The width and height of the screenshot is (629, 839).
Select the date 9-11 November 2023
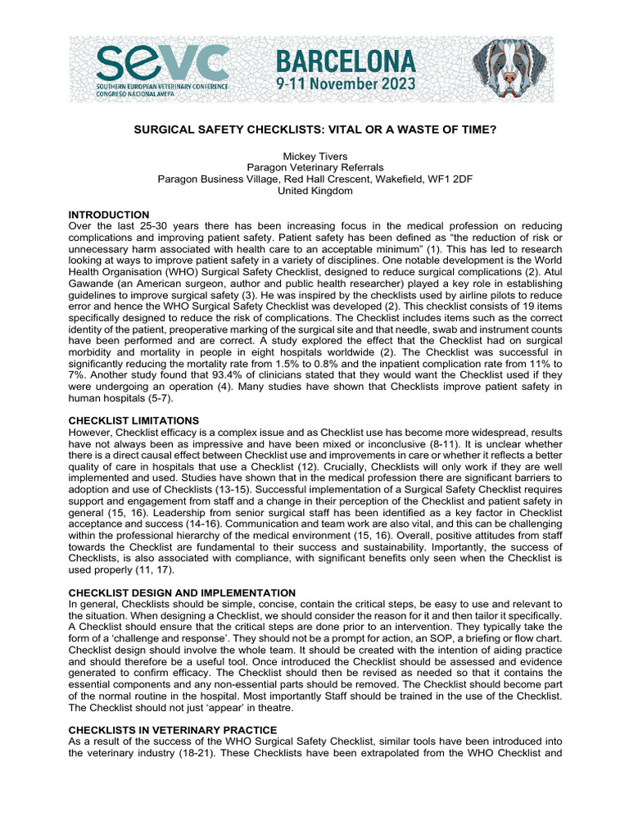[345, 84]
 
